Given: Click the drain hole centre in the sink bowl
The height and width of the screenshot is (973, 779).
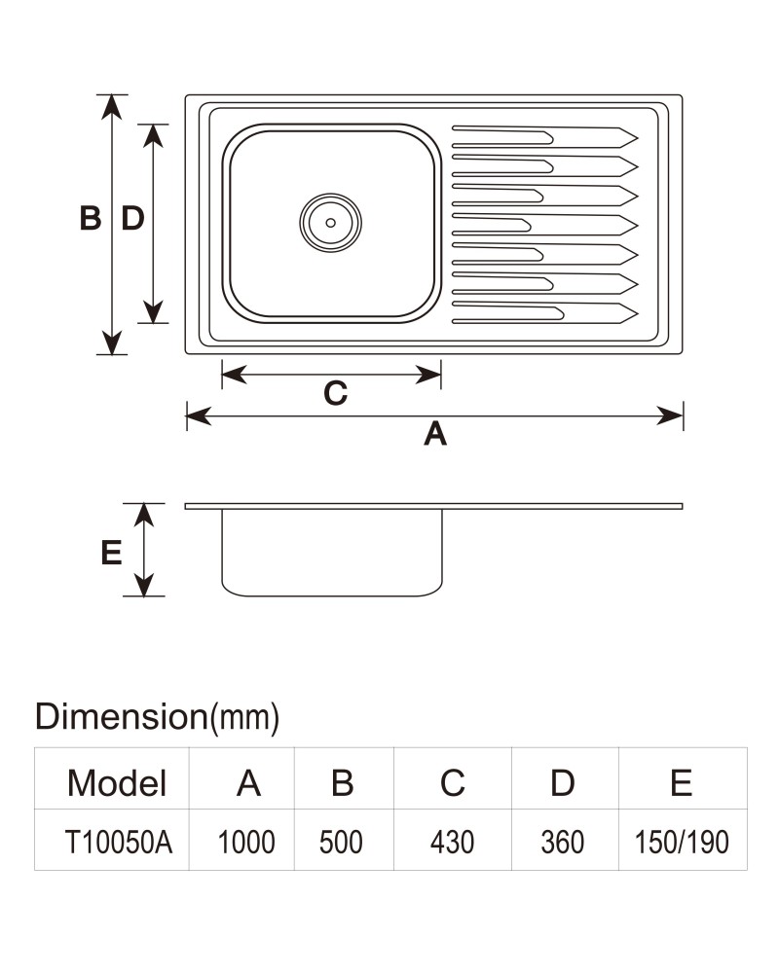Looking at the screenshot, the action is (330, 223).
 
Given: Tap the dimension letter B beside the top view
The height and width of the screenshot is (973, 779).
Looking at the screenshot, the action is (91, 218).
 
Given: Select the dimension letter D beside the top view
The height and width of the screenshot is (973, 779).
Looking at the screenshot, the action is (132, 218).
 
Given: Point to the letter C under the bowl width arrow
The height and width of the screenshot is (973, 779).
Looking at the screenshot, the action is (335, 393).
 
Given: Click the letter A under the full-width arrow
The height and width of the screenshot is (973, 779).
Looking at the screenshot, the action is (435, 433).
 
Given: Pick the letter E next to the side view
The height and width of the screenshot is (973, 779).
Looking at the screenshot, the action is (111, 553).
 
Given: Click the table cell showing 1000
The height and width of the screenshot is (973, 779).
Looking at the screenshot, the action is (246, 842).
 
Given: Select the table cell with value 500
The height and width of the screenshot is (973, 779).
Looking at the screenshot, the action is (341, 842).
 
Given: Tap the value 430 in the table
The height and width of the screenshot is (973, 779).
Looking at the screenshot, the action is (452, 842).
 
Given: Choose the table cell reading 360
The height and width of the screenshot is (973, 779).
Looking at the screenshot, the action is (562, 842).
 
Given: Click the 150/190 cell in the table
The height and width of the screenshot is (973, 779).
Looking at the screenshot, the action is (682, 842).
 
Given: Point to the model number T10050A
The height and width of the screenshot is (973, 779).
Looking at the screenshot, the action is (119, 842).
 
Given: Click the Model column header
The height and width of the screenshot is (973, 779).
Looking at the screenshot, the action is (117, 782).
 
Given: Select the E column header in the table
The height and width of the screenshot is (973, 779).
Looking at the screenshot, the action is (681, 782).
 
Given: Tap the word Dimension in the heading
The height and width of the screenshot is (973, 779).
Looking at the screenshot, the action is (121, 716).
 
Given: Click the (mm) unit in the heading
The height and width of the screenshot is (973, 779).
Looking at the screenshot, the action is (244, 717).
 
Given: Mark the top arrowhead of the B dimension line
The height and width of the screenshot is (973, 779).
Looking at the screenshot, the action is (112, 106).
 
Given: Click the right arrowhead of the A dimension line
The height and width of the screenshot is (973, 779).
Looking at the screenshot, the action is (670, 415).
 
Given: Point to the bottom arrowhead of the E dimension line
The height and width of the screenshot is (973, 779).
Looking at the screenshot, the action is (144, 585).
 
